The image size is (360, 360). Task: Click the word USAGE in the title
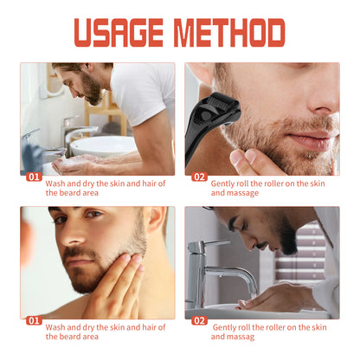(119, 32)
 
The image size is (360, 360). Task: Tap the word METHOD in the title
(229, 32)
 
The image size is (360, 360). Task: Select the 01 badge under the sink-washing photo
(33, 177)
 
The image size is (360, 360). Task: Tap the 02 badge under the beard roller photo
(199, 177)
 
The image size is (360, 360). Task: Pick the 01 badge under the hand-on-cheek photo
(33, 319)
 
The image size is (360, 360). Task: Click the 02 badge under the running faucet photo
(199, 319)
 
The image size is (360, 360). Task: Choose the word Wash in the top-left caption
(55, 183)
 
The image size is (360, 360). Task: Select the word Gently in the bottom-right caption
(225, 326)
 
